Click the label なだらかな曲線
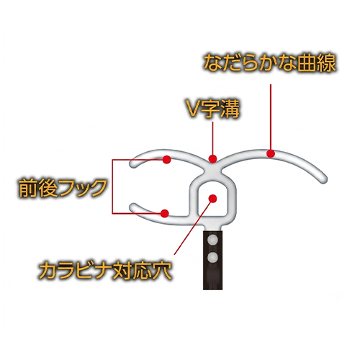(269, 63)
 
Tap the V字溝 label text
(213, 109)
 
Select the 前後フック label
(63, 188)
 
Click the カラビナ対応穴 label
(105, 271)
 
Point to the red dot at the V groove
(212, 158)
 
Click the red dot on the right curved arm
(271, 153)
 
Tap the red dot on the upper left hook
(167, 159)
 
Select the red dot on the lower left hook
(165, 213)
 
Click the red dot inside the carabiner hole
(212, 199)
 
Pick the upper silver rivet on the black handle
(212, 240)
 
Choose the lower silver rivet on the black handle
(212, 258)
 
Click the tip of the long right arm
(324, 180)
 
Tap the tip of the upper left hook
(132, 164)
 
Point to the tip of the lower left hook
(132, 206)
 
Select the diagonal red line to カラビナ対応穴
(194, 226)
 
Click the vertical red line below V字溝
(212, 138)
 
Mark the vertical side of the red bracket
(112, 186)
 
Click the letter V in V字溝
(194, 110)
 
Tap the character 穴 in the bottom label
(163, 271)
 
